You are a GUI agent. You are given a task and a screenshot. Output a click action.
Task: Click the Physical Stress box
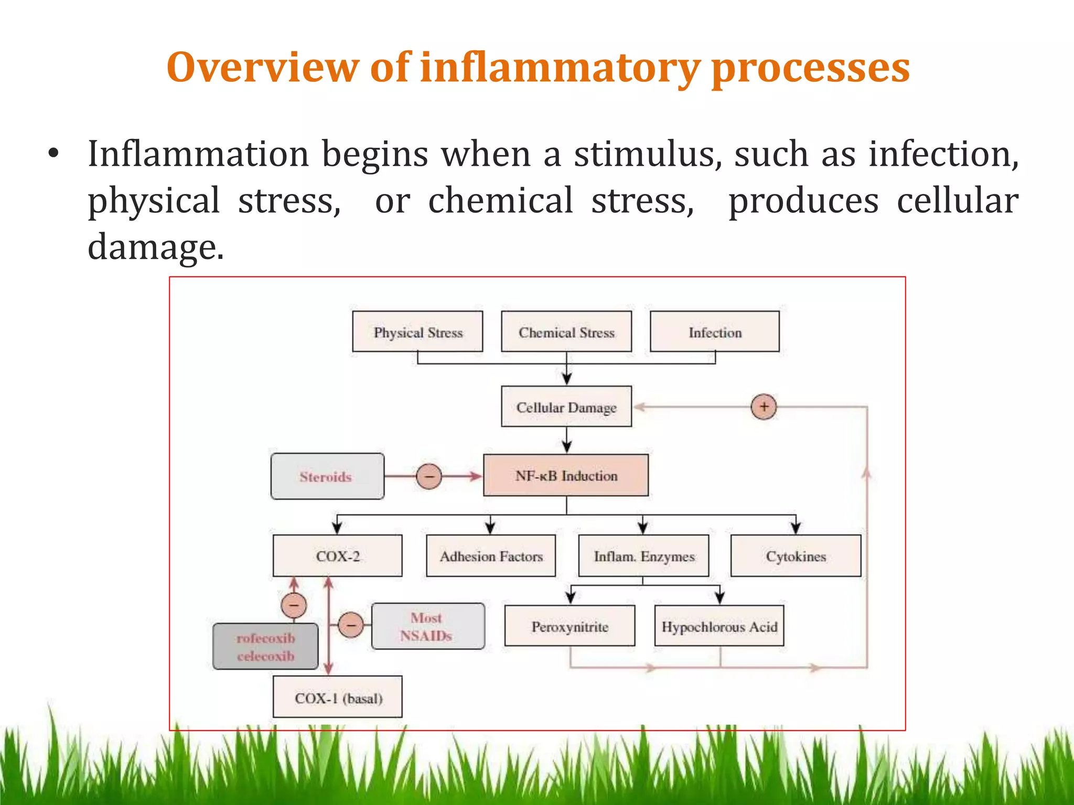point(417,331)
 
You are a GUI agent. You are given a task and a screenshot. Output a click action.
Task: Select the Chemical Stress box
point(566,331)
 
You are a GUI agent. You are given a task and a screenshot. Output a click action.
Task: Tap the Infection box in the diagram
point(715,331)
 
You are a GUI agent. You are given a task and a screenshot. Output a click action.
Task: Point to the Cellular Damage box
point(566,407)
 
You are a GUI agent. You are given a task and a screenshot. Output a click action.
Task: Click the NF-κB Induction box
point(566,475)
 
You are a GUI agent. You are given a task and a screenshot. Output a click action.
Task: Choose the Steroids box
point(327,476)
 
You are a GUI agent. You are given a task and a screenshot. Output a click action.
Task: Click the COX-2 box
point(338,556)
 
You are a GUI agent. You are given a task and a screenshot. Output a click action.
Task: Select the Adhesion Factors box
point(491,556)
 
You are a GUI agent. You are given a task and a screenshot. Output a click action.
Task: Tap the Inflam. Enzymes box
point(643,556)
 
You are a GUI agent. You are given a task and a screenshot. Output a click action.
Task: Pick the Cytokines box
point(796,556)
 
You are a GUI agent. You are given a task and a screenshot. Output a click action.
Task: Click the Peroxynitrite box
point(570,626)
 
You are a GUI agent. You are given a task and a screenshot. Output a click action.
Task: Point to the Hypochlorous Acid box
point(719,626)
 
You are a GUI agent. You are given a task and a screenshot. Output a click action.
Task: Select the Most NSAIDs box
point(428,626)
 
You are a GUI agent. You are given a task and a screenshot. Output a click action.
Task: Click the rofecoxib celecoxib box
point(265,646)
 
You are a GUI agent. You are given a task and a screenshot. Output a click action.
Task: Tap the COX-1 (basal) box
point(338,697)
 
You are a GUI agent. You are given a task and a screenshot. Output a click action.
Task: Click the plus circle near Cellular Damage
point(764,407)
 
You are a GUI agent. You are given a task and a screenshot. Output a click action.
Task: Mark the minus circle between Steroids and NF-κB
point(429,476)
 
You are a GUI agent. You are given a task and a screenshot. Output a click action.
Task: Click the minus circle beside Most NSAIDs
point(350,625)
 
